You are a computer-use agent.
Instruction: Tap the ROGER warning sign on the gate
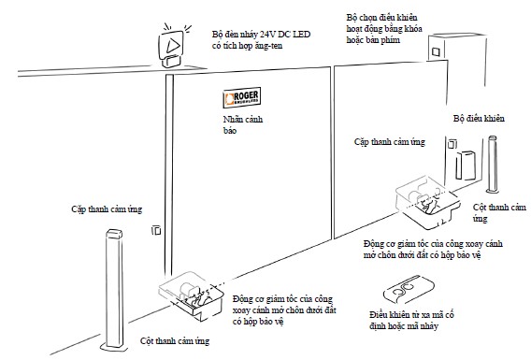coord(242,98)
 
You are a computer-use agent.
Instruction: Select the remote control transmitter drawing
coord(409,289)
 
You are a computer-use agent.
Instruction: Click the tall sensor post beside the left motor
coord(114,290)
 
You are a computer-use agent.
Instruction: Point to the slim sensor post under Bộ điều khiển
coord(492,165)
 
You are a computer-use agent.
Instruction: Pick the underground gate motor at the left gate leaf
coord(192,295)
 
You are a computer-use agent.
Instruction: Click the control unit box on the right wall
coord(466,166)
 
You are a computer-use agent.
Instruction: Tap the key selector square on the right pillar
coord(436,51)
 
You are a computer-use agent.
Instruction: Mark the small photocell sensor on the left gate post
coord(156,230)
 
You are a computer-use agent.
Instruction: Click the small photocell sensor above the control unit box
coord(452,144)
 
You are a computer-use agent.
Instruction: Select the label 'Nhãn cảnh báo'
coord(243,125)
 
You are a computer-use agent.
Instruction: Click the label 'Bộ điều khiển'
coord(479,119)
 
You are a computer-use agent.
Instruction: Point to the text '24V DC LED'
coord(285,35)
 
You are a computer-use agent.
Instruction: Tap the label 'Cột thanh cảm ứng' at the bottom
coord(175,340)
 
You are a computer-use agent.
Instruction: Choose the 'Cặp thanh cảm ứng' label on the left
coord(107,209)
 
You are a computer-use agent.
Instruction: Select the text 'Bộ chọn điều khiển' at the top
coord(381,17)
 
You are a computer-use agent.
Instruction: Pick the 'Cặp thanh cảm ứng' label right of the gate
coord(390,142)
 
